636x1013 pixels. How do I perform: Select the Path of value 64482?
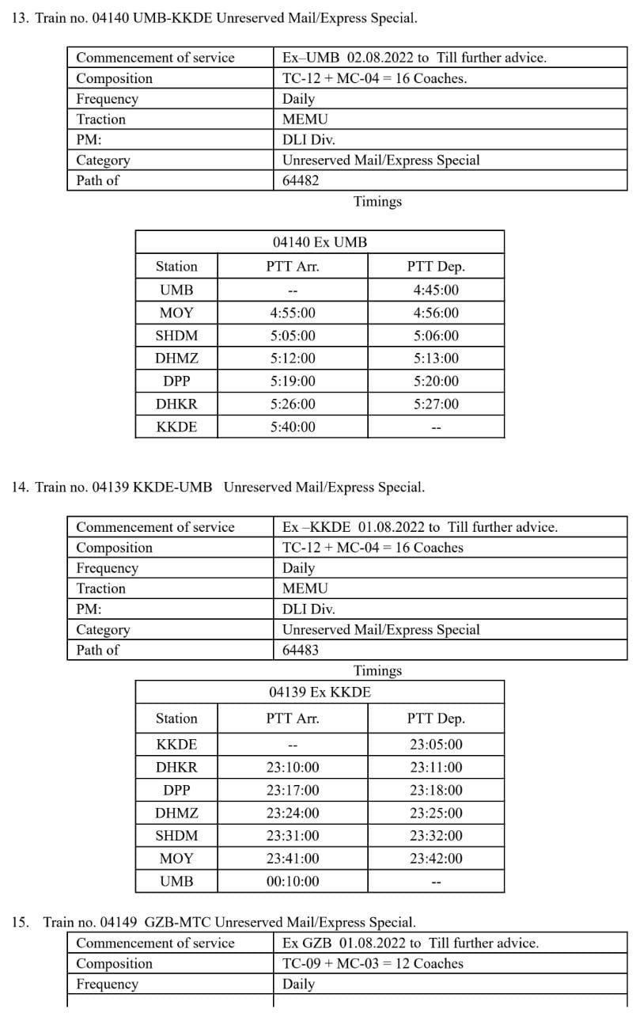click(x=301, y=180)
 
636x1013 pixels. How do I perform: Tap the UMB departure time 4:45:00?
click(x=436, y=290)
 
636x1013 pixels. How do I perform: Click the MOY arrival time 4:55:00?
click(x=293, y=313)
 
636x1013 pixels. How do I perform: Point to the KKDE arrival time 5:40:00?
click(x=293, y=427)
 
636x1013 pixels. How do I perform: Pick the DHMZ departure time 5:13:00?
click(x=436, y=359)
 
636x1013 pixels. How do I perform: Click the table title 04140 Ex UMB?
click(x=320, y=242)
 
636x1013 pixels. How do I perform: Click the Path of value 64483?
click(x=301, y=650)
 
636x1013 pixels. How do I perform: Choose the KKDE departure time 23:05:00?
click(x=436, y=745)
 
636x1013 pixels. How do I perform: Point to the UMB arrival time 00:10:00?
click(x=293, y=882)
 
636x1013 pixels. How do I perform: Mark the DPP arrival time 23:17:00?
click(x=293, y=791)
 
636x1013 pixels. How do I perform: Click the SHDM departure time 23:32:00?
click(x=436, y=836)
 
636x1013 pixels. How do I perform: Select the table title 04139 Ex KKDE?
click(x=320, y=692)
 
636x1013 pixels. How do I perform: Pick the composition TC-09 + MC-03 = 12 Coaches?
click(x=373, y=964)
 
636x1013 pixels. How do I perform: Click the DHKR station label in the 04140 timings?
click(x=176, y=404)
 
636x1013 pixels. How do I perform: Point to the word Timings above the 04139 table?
click(x=377, y=671)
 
